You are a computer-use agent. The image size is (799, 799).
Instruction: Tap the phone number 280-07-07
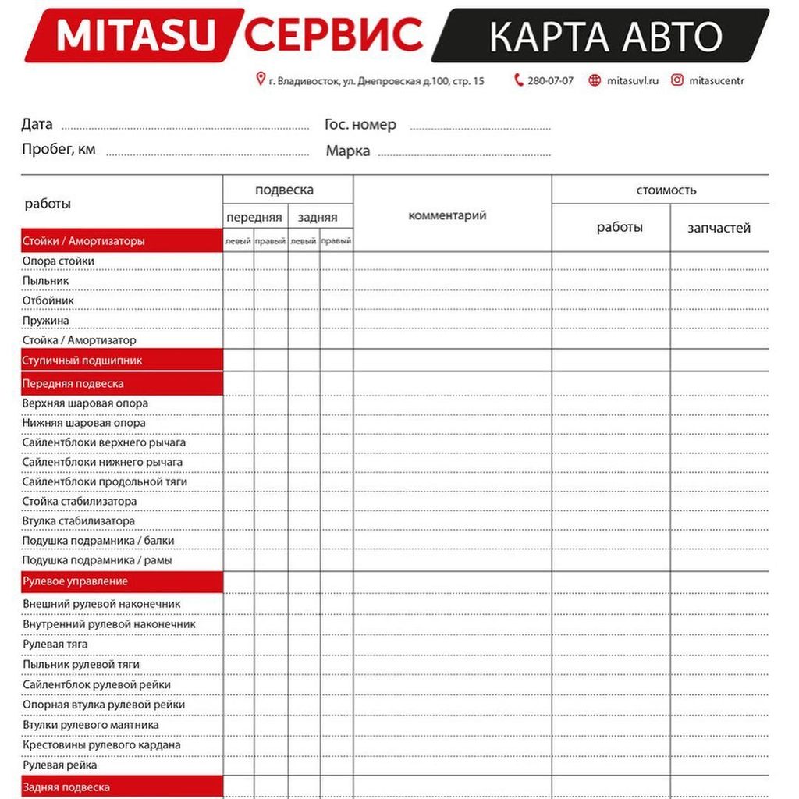(550, 80)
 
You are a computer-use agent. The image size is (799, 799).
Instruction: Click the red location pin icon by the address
(261, 79)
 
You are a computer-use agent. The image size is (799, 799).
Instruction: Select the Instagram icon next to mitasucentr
(677, 80)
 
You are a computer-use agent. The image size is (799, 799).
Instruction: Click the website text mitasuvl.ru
(632, 80)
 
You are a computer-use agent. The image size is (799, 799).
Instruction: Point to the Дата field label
(37, 124)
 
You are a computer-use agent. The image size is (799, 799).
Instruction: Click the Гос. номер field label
(360, 124)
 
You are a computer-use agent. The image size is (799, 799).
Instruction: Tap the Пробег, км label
(59, 149)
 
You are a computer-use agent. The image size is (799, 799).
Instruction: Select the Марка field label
(348, 151)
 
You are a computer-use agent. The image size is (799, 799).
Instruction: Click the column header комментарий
(447, 215)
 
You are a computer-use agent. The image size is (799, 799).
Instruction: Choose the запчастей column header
(719, 228)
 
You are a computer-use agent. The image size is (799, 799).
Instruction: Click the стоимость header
(666, 190)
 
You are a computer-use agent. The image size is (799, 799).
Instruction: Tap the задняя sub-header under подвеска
(318, 218)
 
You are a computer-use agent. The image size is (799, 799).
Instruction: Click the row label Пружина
(45, 321)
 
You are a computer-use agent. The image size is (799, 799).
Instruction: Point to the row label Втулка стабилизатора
(78, 521)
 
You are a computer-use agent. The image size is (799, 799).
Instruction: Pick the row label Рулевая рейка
(59, 765)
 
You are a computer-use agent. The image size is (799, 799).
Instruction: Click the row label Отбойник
(48, 300)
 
